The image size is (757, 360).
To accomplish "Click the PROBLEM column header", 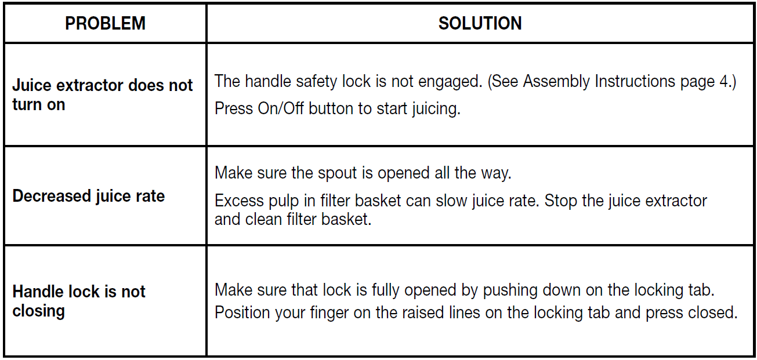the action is (105, 23).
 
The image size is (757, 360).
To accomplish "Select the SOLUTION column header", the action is (480, 23).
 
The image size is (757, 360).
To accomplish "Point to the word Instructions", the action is (635, 81).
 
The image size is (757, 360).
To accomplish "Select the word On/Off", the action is (281, 108).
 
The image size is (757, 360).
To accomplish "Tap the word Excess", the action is (239, 201).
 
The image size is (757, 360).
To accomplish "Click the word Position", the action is (242, 312).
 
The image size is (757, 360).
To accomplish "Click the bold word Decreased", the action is (52, 196).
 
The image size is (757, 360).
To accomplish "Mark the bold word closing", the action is (38, 311).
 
